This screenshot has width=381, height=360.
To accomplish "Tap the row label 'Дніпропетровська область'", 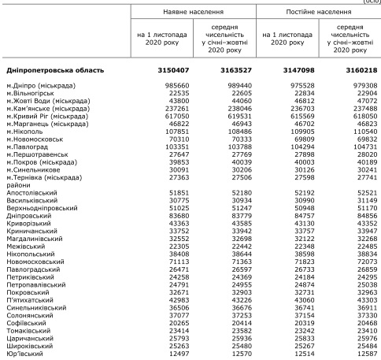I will pyautogui.click(x=51, y=71).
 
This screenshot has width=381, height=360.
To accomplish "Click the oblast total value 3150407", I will pyautogui.click(x=167, y=71).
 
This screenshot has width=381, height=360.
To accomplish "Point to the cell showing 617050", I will pyautogui.click(x=168, y=115).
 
